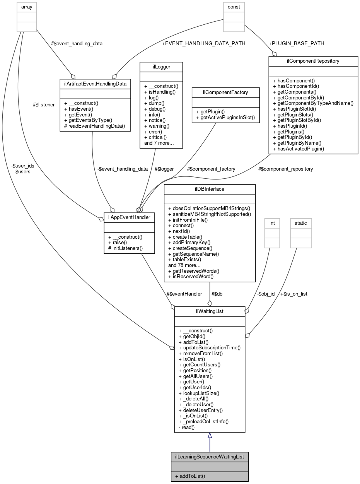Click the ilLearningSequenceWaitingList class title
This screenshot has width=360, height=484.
(210, 457)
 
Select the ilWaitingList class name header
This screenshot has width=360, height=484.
(210, 311)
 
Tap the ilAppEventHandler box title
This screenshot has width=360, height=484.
(129, 217)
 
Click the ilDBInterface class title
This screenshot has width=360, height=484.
(210, 189)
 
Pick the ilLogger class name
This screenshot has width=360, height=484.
(160, 67)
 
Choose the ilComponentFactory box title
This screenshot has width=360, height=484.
(225, 92)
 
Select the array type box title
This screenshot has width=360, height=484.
(27, 7)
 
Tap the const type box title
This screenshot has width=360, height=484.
(234, 7)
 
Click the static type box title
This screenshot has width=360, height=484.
(300, 223)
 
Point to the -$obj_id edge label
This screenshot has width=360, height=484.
(266, 294)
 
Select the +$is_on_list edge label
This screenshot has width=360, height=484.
(293, 294)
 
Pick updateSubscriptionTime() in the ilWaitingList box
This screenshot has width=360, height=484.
(209, 347)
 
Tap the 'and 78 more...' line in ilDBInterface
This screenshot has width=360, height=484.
(184, 265)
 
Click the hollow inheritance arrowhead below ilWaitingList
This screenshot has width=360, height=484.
(210, 436)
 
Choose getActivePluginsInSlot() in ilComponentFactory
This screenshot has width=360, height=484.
(225, 117)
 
